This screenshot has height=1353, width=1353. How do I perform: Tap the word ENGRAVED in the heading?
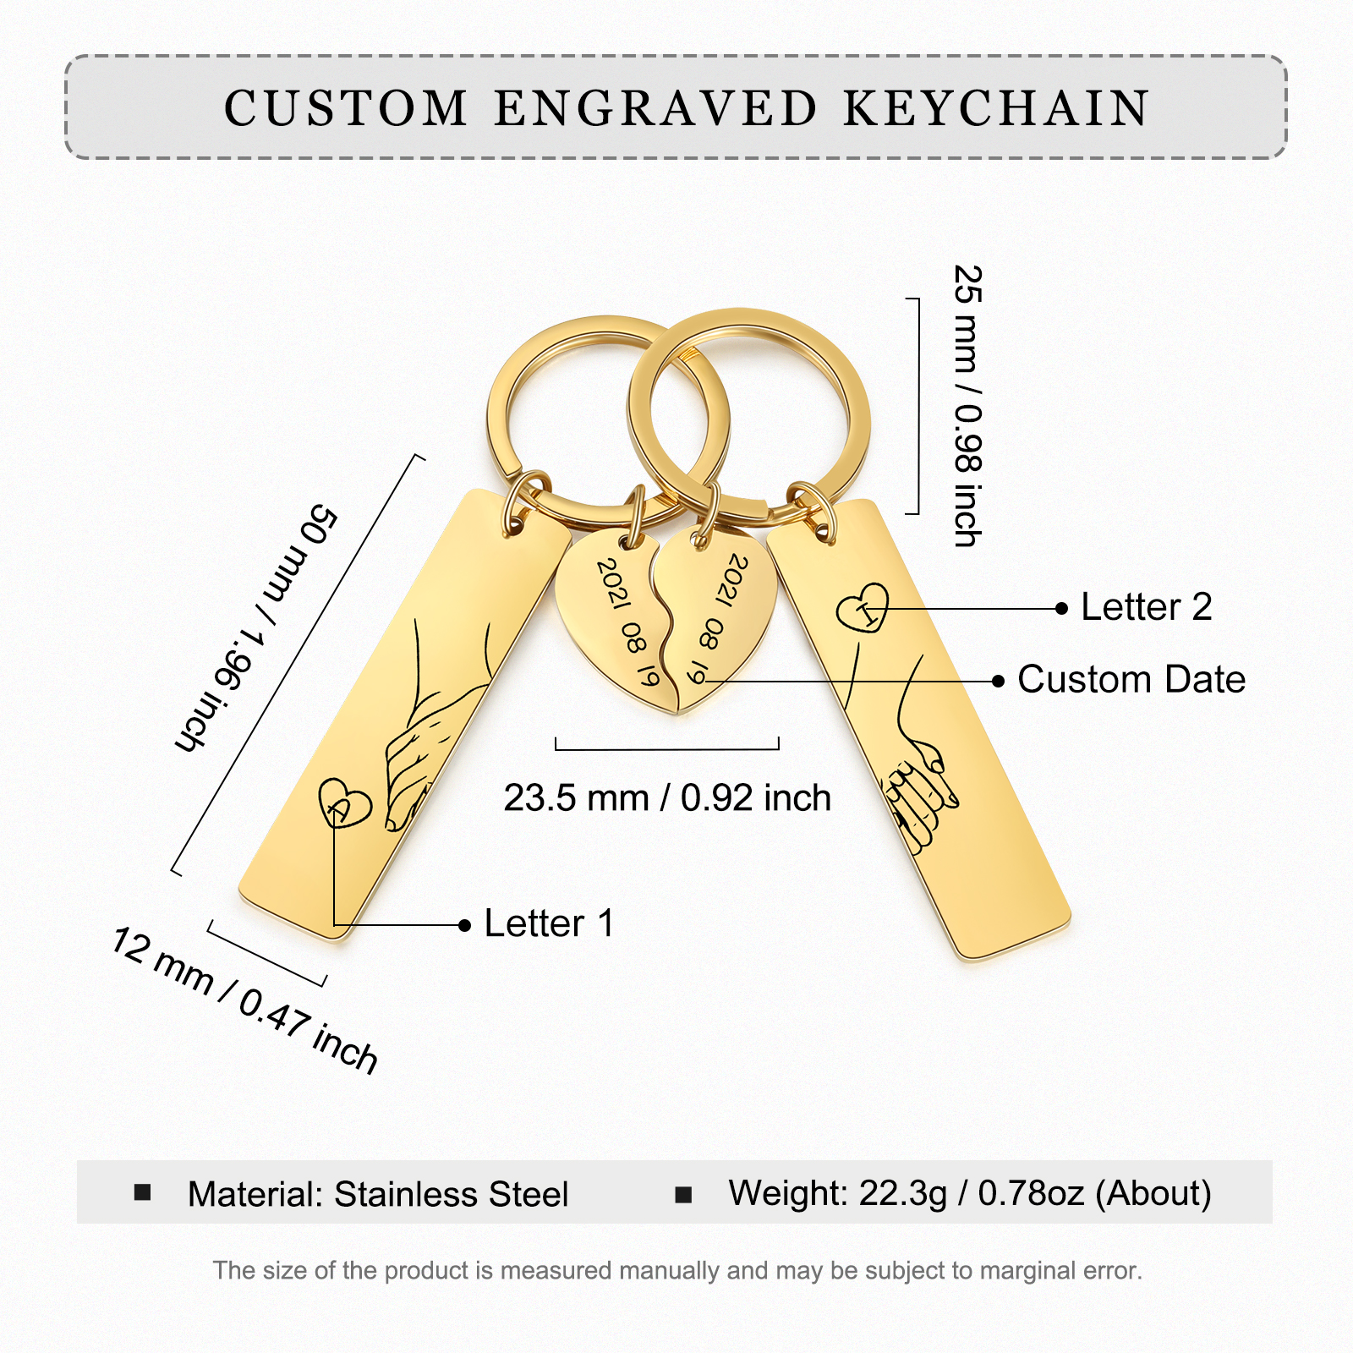pos(655,108)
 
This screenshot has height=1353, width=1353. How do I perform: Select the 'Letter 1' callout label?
pos(549,923)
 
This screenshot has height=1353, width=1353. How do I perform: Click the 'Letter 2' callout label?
pos(1146,607)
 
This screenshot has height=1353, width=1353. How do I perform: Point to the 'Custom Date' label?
pos(1131,679)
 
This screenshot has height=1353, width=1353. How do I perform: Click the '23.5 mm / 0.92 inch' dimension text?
pos(667,797)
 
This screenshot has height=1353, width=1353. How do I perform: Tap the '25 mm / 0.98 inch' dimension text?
pos(967,406)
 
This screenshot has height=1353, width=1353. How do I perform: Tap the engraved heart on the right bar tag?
pos(863,607)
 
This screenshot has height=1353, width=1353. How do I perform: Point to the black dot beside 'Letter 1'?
pos(464,926)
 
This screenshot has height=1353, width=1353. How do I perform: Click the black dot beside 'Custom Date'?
pos(999,681)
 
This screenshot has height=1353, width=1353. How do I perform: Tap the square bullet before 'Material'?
pos(142,1192)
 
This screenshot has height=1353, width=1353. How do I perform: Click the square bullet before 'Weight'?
pos(683,1194)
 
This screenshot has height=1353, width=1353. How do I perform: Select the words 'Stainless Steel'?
pos(451,1194)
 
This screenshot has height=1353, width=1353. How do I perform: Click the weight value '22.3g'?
pos(902,1193)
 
